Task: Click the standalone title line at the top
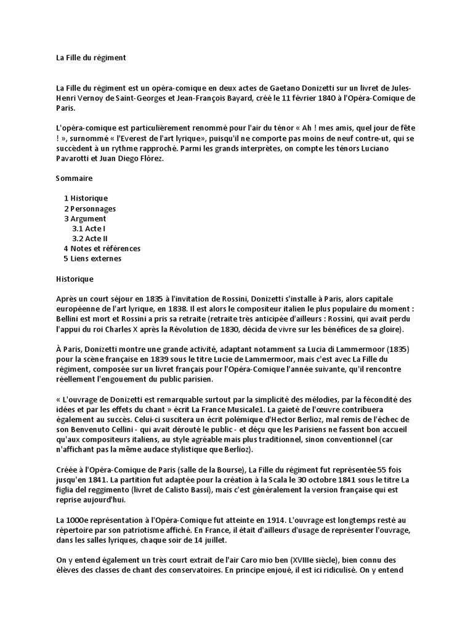point(91,58)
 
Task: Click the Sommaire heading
point(74,178)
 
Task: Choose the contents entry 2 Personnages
point(90,209)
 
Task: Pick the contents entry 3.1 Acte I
point(89,228)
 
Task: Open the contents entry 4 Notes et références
point(102,249)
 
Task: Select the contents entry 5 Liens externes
point(92,258)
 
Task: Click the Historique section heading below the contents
point(75,279)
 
